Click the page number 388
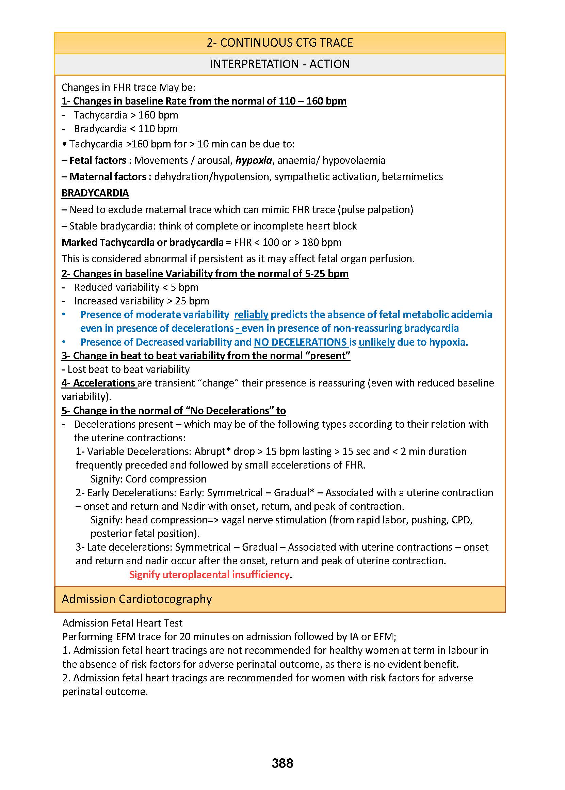[x=282, y=763]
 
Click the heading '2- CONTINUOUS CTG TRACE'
[x=280, y=43]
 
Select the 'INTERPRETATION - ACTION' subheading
[x=280, y=64]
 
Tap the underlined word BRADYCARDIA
[x=95, y=193]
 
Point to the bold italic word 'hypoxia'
[x=254, y=160]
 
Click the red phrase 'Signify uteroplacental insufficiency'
[x=209, y=574]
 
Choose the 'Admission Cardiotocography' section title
[x=137, y=599]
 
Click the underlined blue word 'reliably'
[x=251, y=315]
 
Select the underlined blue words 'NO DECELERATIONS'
[x=300, y=342]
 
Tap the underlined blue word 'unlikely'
[x=376, y=342]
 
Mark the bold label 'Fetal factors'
[x=98, y=160]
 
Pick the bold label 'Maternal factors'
[x=108, y=177]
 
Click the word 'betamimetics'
[x=412, y=177]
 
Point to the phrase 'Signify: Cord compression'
[x=148, y=479]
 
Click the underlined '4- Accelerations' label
[x=99, y=383]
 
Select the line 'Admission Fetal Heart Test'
[x=122, y=623]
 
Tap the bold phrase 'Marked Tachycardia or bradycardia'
[x=142, y=242]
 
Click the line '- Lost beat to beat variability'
[x=126, y=369]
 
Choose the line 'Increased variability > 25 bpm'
[x=141, y=301]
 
